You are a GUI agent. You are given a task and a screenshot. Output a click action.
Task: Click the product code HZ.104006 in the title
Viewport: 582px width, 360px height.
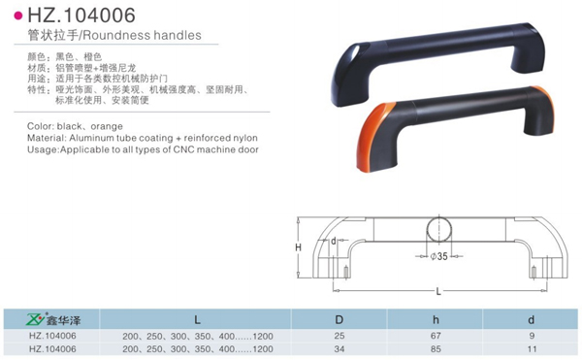point(81,16)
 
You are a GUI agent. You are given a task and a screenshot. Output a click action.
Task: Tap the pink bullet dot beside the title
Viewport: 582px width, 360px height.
point(18,16)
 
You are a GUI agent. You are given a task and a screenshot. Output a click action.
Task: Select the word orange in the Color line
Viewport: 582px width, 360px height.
point(107,126)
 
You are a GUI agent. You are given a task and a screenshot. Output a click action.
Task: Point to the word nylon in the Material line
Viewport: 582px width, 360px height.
point(245,138)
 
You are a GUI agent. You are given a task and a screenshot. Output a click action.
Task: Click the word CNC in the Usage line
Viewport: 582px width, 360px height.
point(183,149)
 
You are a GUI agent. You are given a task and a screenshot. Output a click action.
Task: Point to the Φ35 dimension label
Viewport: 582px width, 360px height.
point(439,256)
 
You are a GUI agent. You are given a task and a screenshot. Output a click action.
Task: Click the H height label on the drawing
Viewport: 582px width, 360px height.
point(299,247)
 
